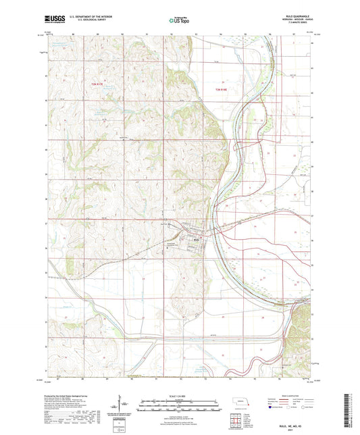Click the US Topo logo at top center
[179, 21]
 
